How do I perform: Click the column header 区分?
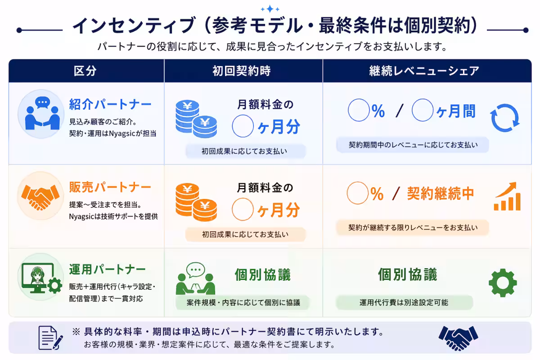pyautogui.click(x=85, y=71)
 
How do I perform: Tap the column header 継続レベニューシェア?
pyautogui.click(x=424, y=71)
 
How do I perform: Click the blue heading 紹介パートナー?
pyautogui.click(x=110, y=104)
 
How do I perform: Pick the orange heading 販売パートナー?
pyautogui.click(x=110, y=187)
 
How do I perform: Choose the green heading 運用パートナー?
pyautogui.click(x=108, y=270)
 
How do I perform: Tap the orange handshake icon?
pyautogui.click(x=40, y=196)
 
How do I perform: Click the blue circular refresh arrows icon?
pyautogui.click(x=504, y=118)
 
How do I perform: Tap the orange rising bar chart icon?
pyautogui.click(x=507, y=197)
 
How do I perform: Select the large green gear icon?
pyautogui.click(x=503, y=283)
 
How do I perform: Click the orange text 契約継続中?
pyautogui.click(x=441, y=193)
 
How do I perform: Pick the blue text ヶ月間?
pyautogui.click(x=456, y=111)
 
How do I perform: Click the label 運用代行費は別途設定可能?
pyautogui.click(x=404, y=302)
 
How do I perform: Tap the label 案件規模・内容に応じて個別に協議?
pyautogui.click(x=243, y=302)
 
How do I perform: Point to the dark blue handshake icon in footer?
pyautogui.click(x=458, y=337)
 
